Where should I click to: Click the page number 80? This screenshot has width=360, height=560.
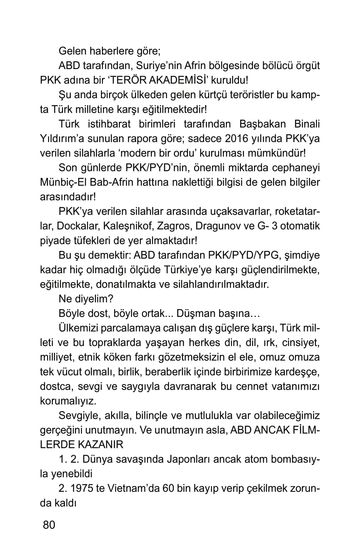[49, 524]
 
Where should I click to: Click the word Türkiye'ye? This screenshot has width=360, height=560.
[192, 270]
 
